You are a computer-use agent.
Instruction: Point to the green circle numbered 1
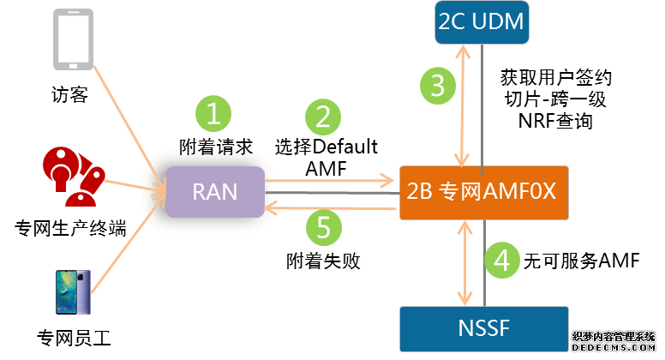(215, 112)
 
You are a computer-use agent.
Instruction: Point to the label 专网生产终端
(71, 229)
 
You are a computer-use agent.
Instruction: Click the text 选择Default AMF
(326, 157)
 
